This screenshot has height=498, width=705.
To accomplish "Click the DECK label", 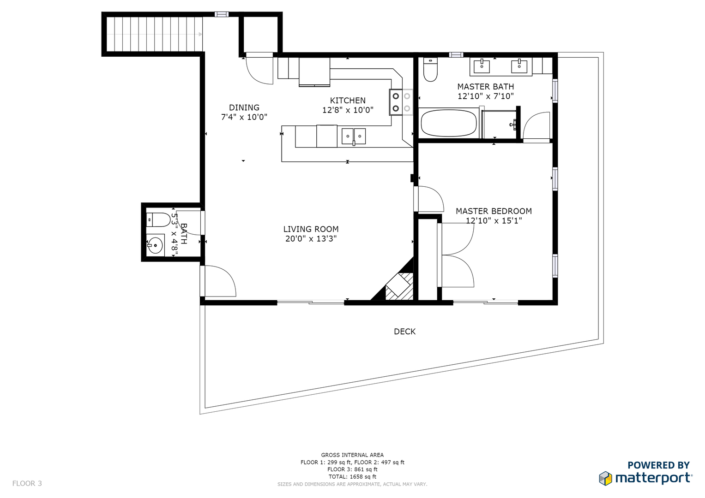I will pos(404,332).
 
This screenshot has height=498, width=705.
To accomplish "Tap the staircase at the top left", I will pos(155,34).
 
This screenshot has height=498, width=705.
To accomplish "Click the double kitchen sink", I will pos(354,136).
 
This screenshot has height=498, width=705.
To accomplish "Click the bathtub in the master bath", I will pos(448,123).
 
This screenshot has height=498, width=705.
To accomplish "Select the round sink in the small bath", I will pos(156,245).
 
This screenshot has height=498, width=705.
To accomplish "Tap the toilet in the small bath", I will pos(157,219).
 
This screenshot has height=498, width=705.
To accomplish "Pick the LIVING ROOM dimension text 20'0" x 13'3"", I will pos(311,239).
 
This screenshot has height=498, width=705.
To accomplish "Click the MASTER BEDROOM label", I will pos(494,211).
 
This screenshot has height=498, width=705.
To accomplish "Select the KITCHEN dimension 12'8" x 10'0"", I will pos(348,110).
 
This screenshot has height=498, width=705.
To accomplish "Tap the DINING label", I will pos(244,107).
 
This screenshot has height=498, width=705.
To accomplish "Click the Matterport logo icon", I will pos(605,478).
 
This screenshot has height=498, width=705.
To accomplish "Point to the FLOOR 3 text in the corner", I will pos(27,483).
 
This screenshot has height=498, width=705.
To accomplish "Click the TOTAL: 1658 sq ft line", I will pos(352,477).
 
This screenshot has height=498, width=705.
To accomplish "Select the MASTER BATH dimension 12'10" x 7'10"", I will pos(485,96).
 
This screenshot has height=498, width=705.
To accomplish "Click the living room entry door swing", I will pos(220,281).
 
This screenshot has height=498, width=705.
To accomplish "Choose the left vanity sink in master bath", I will pos(482,65).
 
